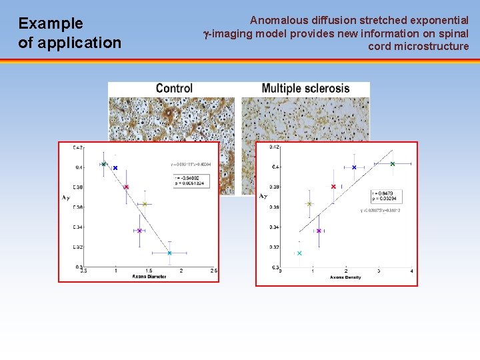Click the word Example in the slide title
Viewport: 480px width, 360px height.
51,24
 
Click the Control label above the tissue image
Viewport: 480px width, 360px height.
174,89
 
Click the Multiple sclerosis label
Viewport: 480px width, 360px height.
305,89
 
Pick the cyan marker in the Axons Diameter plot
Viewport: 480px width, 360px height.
170,253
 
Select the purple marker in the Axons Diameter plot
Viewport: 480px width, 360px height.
139,231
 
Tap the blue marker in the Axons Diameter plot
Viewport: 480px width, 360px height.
115,168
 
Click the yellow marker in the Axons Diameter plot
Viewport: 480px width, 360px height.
145,204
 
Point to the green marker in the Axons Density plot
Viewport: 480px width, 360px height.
393,164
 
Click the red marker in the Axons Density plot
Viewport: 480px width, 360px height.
333,187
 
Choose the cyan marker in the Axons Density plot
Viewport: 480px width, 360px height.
299,253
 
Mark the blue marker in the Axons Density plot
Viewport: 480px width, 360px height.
354,167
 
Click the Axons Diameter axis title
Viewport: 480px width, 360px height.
149,277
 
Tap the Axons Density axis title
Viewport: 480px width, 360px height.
345,277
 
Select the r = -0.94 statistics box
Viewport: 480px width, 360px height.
189,180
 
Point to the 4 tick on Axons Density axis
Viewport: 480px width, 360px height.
411,271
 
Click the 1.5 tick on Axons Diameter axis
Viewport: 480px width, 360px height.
149,271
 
